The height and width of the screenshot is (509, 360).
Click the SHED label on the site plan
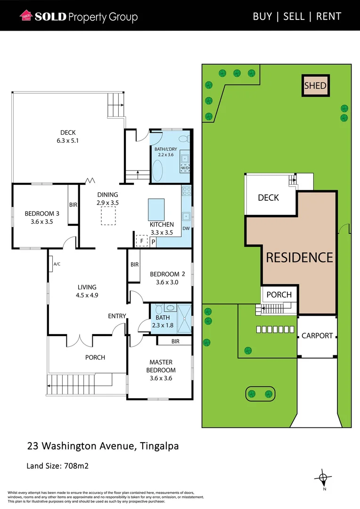point(315,86)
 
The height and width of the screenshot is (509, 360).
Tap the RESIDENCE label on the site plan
point(299,257)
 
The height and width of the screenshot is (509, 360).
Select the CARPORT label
point(317,336)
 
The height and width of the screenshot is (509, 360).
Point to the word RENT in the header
point(328,16)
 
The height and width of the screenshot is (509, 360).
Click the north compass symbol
point(323,479)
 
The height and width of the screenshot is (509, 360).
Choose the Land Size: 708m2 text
point(57,466)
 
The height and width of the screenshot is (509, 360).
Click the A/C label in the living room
point(57,264)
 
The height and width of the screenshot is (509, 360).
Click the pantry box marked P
point(153,241)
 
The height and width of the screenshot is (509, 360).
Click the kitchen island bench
point(156,207)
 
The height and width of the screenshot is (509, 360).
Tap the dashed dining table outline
point(108,215)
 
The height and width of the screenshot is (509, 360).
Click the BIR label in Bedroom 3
point(73,205)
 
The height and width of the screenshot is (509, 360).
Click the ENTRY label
point(117,316)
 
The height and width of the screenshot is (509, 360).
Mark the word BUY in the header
point(262,16)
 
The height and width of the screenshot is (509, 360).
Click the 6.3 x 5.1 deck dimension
point(68,140)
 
